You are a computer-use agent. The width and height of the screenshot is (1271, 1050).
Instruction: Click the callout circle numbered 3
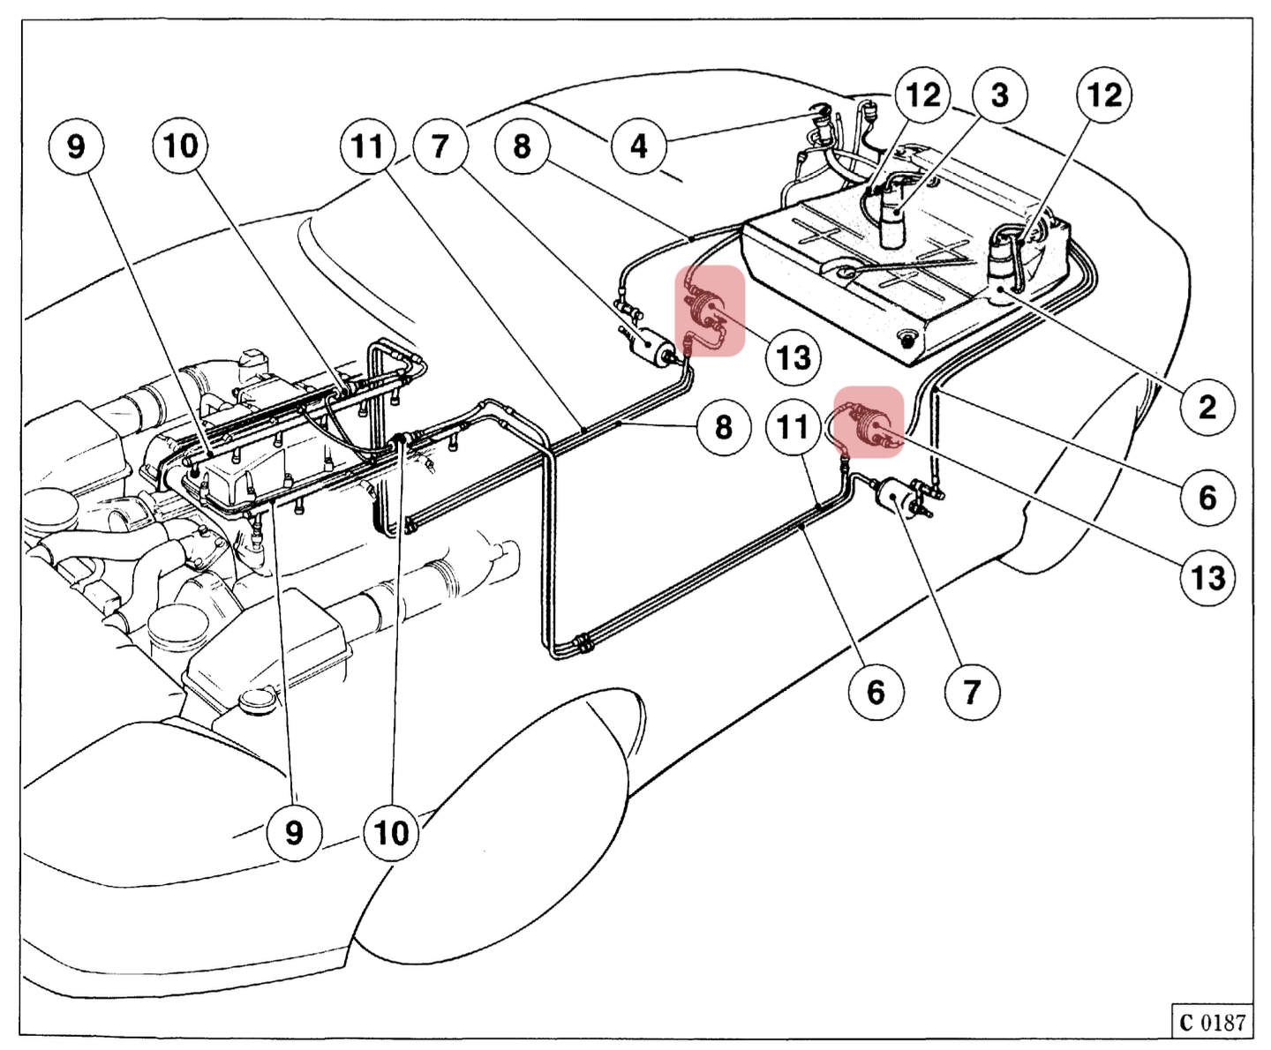pos(999,94)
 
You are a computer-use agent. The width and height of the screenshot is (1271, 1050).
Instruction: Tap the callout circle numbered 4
pos(639,146)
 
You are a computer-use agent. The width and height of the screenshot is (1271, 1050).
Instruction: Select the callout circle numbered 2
pos(1207,407)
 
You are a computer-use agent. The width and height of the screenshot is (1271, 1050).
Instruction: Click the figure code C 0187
pos(1212,1022)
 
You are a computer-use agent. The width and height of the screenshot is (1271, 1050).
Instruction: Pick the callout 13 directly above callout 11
pos(793,357)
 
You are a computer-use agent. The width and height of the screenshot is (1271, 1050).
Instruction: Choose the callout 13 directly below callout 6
pos(1207,578)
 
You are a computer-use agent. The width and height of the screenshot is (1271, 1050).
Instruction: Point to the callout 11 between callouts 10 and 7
pos(368,146)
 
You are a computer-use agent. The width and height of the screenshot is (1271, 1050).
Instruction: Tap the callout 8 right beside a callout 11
pos(723,427)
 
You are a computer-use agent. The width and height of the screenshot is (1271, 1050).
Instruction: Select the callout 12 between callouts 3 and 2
pos(1104,94)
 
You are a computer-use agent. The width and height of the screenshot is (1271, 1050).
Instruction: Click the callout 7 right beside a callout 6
pos(972,691)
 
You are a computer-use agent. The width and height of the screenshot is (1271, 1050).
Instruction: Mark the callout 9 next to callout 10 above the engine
pos(77,146)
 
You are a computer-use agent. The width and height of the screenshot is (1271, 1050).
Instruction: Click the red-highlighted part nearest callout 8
pos(710,311)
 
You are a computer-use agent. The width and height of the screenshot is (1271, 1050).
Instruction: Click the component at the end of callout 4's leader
pos(824,124)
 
